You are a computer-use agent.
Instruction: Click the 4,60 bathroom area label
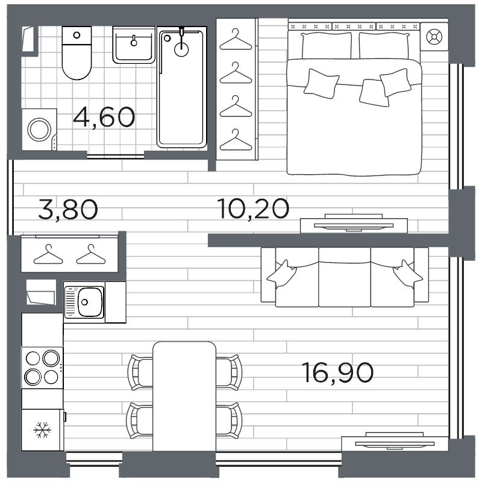tap(104, 117)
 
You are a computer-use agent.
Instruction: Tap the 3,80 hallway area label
tap(68, 209)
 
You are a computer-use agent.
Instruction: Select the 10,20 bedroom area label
tap(253, 208)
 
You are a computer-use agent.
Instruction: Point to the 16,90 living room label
tap(337, 372)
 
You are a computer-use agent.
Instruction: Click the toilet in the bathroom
tap(77, 53)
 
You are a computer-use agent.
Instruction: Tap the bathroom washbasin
tap(134, 45)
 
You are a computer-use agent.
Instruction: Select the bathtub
tap(181, 87)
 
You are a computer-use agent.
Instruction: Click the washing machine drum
tap(39, 130)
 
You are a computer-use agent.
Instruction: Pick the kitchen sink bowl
tap(90, 302)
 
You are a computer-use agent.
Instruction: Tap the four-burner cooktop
tap(42, 368)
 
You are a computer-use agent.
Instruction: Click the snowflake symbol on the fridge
tap(42, 430)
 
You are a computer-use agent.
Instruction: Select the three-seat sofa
tap(345, 277)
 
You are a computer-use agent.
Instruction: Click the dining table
tap(184, 396)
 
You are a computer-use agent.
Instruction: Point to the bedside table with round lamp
tap(434, 37)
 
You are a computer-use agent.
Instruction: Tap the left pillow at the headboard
tap(327, 46)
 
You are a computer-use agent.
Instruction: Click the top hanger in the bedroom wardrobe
tap(236, 39)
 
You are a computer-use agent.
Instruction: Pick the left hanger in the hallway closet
tap(48, 254)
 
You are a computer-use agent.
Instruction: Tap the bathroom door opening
tap(116, 156)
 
